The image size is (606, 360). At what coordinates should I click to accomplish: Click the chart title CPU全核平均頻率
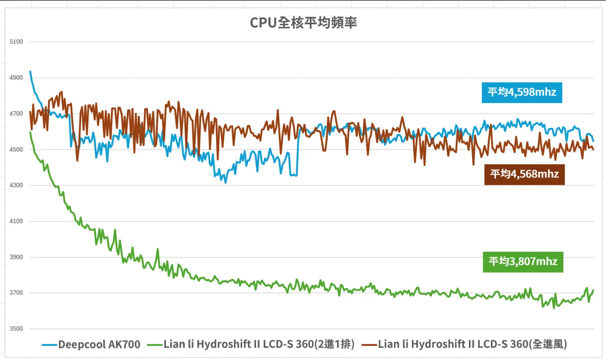pyautogui.click(x=303, y=23)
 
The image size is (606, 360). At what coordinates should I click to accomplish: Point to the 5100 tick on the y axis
pyautogui.click(x=16, y=42)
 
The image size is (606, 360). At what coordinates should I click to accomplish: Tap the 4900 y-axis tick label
pyautogui.click(x=16, y=78)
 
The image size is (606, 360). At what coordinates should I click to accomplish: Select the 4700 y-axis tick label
pyautogui.click(x=16, y=114)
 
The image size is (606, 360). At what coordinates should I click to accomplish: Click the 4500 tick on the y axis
pyautogui.click(x=16, y=149)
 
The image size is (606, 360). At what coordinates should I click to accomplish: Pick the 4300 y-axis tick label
pyautogui.click(x=16, y=185)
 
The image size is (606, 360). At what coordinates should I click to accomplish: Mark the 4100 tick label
pyautogui.click(x=16, y=221)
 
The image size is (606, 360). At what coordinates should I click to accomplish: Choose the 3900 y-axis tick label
pyautogui.click(x=16, y=257)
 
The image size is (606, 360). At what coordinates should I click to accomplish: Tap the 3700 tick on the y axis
pyautogui.click(x=16, y=293)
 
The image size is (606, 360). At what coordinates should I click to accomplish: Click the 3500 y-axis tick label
pyautogui.click(x=16, y=328)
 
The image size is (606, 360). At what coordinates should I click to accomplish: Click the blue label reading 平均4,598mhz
pyautogui.click(x=522, y=93)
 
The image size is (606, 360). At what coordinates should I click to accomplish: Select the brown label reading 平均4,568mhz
pyautogui.click(x=524, y=174)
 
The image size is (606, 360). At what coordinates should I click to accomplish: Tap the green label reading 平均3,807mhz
pyautogui.click(x=523, y=262)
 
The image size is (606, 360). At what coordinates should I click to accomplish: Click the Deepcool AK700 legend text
pyautogui.click(x=99, y=345)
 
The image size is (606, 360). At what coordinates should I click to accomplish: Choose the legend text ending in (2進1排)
pyautogui.click(x=259, y=344)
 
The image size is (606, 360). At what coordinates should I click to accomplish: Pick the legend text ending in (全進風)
pyautogui.click(x=473, y=344)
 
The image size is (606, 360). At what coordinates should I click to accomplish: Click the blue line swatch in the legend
pyautogui.click(x=49, y=345)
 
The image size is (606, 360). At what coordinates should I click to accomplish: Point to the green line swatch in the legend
pyautogui.click(x=155, y=345)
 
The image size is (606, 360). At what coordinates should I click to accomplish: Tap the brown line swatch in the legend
pyautogui.click(x=369, y=345)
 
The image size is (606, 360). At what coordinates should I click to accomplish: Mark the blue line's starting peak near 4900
pyautogui.click(x=30, y=72)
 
